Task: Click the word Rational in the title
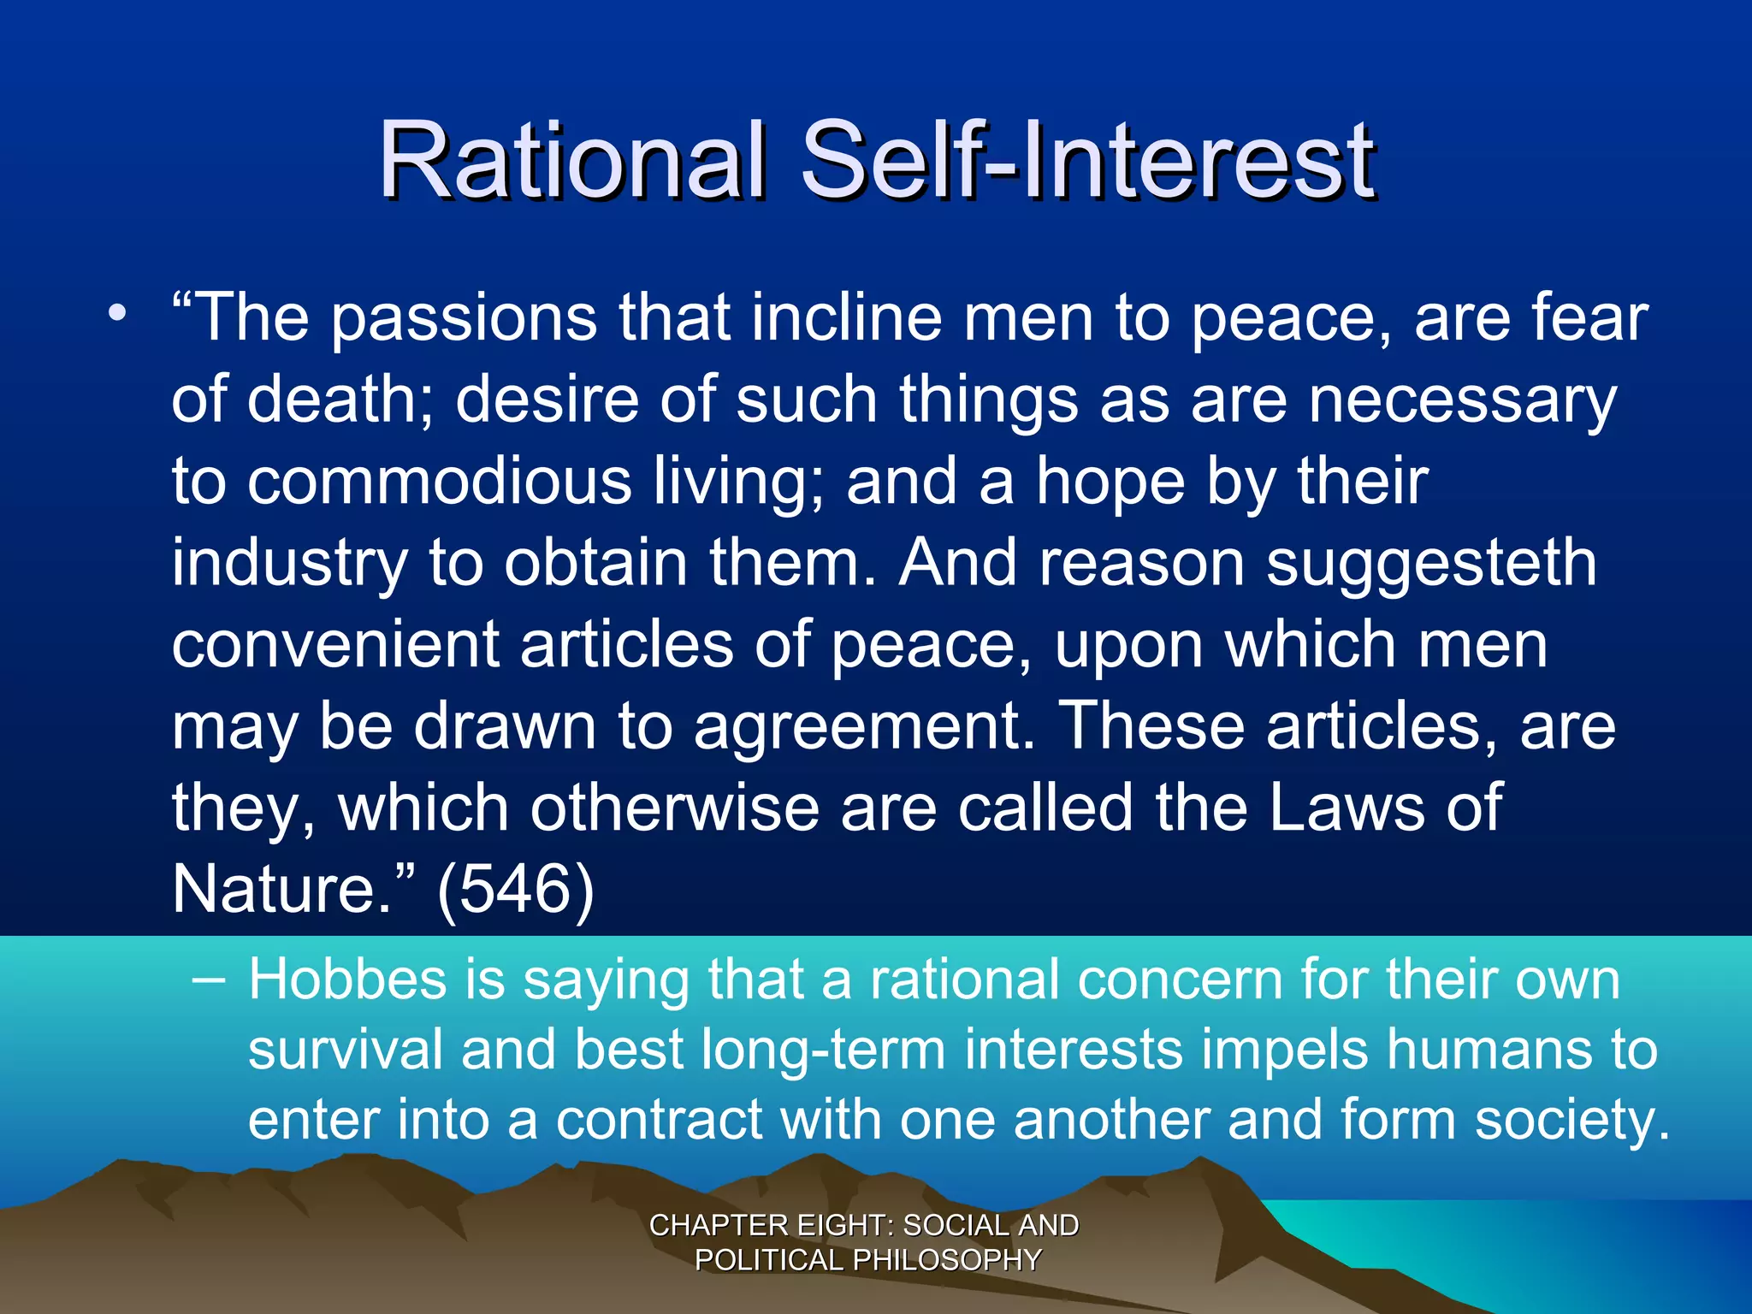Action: pos(571,160)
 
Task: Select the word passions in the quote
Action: pos(464,319)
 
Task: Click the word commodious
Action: pos(440,481)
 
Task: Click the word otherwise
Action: pos(674,808)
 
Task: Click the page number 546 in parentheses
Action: pos(515,890)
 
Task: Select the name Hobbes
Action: pos(347,980)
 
